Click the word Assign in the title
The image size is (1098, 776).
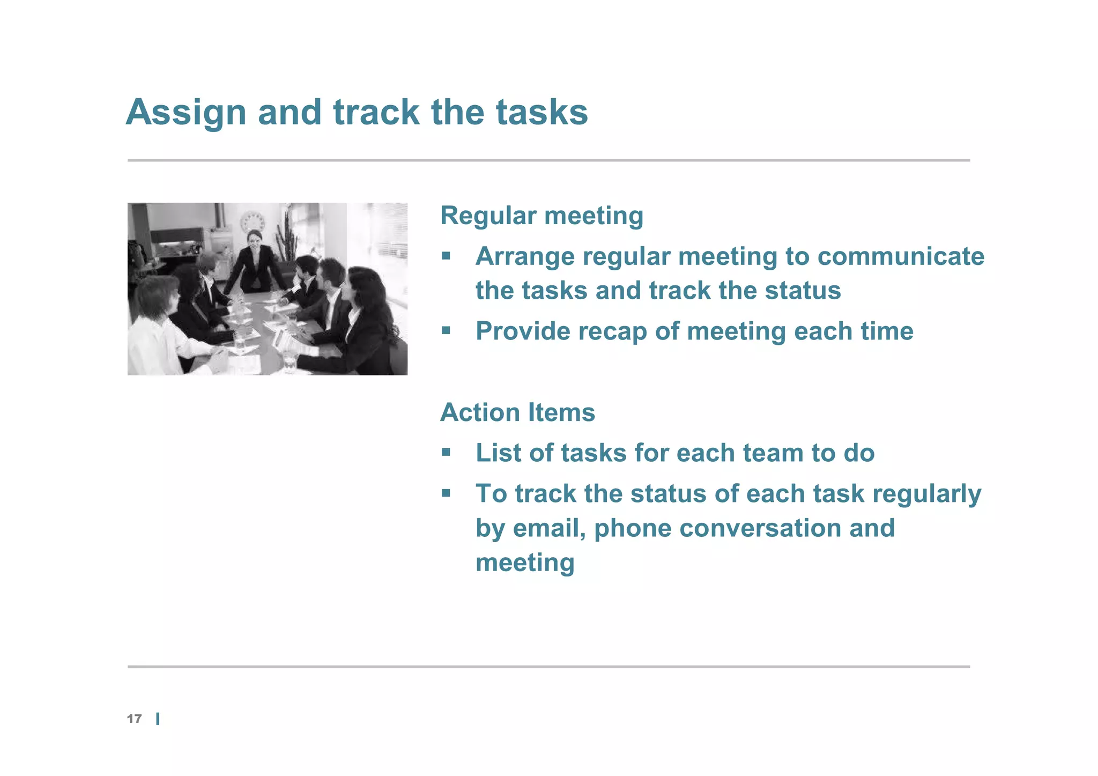(x=186, y=113)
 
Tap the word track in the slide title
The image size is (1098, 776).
(x=376, y=113)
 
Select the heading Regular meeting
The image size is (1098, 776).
(x=541, y=216)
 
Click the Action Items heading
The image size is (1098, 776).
(x=517, y=412)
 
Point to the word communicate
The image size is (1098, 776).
(x=901, y=256)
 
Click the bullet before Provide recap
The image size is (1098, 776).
(x=446, y=330)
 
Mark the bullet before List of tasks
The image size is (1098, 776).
(x=446, y=453)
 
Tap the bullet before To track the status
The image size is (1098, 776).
(x=446, y=493)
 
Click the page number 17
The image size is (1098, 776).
(x=134, y=719)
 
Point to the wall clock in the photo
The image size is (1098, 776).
(x=253, y=223)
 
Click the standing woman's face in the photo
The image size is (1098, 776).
(x=254, y=239)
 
